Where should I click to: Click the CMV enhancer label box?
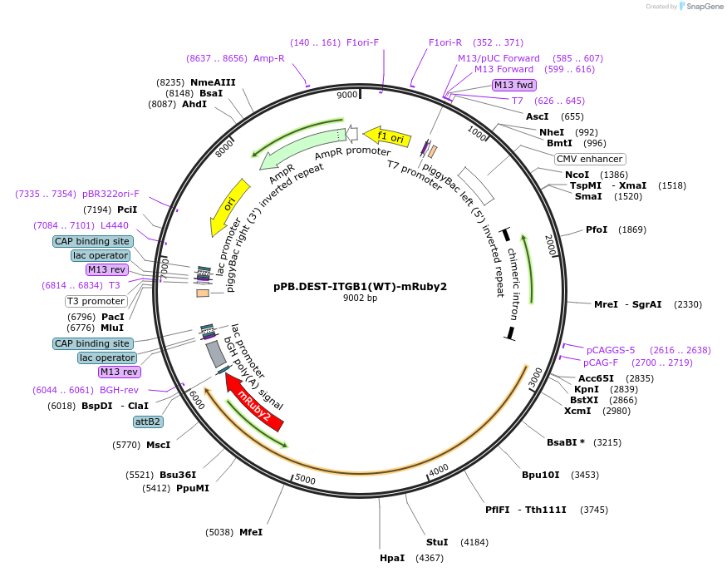[590, 159]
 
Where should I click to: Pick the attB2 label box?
[148, 422]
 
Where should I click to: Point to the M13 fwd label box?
[513, 85]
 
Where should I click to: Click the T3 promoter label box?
[96, 301]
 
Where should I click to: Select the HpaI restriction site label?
[392, 558]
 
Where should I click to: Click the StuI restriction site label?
[437, 542]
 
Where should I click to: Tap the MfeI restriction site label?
[251, 532]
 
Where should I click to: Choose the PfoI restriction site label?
[597, 229]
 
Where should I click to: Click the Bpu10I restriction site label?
[543, 475]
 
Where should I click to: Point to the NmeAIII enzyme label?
[213, 81]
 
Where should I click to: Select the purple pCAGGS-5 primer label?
[611, 350]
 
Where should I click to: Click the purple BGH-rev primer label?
[119, 390]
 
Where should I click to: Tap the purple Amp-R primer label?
[268, 58]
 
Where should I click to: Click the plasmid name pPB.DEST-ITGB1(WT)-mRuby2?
[360, 287]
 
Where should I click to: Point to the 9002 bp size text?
[360, 298]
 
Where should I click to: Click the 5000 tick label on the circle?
[305, 480]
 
